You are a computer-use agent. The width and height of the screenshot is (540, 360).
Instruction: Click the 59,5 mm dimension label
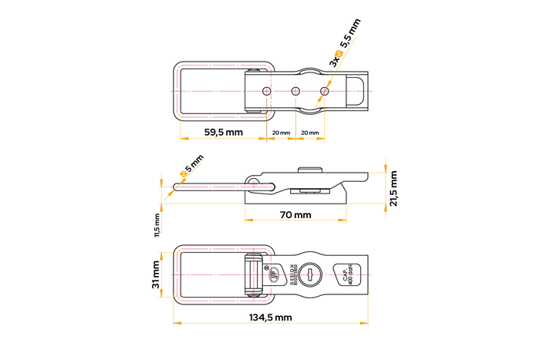click(224, 133)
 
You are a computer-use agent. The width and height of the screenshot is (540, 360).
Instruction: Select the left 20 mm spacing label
click(281, 133)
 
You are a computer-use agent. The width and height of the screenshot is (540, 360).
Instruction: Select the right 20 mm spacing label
click(309, 133)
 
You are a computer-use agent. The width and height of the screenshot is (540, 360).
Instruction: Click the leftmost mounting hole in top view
click(266, 91)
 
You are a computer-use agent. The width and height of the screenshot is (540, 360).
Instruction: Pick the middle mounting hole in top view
click(295, 91)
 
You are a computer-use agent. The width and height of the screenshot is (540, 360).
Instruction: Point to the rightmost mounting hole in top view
click(324, 91)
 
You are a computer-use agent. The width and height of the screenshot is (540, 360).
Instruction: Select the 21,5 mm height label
click(393, 188)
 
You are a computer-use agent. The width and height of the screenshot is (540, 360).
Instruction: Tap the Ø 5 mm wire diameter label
click(191, 166)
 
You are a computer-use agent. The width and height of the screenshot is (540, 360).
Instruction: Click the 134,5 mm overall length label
click(270, 317)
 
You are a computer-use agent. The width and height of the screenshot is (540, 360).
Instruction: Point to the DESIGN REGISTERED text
click(292, 274)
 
